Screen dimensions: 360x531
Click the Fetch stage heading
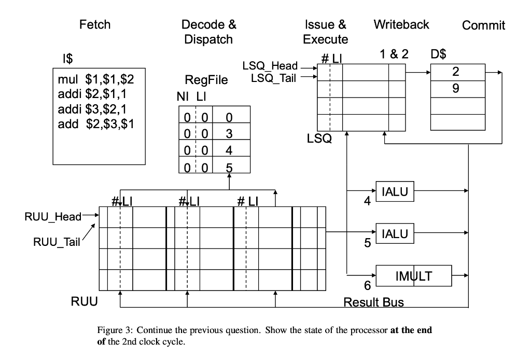pos(95,24)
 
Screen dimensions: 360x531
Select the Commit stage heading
pos(483,25)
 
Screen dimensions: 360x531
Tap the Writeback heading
pos(401,24)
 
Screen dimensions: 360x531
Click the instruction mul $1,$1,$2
pos(96,80)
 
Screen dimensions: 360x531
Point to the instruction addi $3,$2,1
pos(96,109)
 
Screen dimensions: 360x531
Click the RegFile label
pos(206,80)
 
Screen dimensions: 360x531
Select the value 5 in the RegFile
pos(229,167)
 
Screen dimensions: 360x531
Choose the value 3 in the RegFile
pos(229,134)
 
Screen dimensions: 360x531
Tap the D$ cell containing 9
pos(457,89)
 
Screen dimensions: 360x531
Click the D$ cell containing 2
pos(457,72)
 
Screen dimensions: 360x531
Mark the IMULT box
pos(413,276)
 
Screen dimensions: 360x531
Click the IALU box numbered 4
pos(395,192)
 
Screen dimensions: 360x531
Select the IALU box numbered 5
pos(395,234)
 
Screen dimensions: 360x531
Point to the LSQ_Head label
pos(270,66)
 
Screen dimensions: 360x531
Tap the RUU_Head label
pos(53,217)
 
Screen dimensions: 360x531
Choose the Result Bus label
pos(374,302)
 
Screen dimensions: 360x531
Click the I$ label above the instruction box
pos(68,60)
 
